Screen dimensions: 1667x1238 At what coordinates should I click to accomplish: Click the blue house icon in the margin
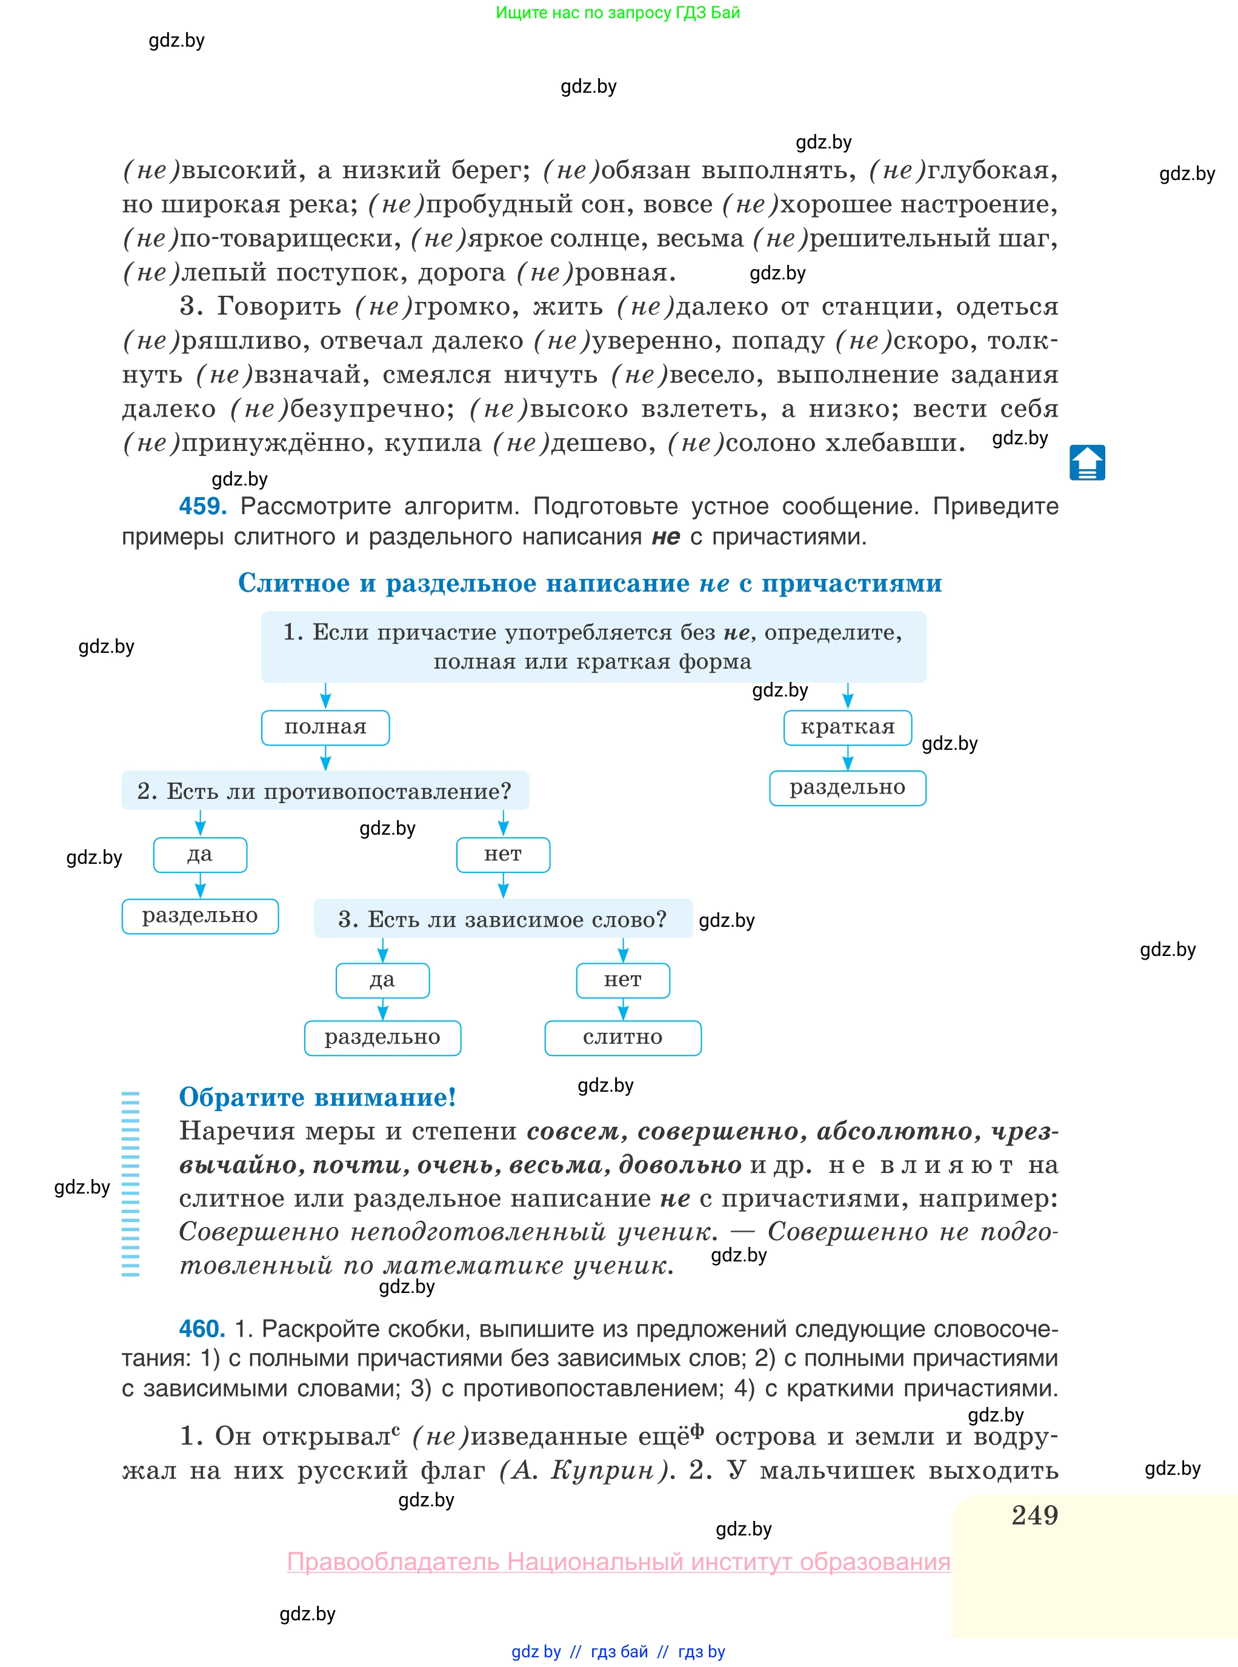pyautogui.click(x=1087, y=463)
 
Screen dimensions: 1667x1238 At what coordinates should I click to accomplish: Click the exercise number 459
pyautogui.click(x=202, y=506)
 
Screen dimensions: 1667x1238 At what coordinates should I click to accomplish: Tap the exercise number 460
pyautogui.click(x=202, y=1329)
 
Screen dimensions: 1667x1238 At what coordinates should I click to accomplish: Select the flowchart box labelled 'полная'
pyautogui.click(x=325, y=727)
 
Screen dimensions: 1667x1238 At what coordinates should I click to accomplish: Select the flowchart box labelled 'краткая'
pyautogui.click(x=848, y=727)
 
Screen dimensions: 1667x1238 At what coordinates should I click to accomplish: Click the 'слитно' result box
pyautogui.click(x=623, y=1037)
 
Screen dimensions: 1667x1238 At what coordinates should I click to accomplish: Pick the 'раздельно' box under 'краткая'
pyautogui.click(x=848, y=788)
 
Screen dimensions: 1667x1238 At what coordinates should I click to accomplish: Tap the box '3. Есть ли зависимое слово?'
pyautogui.click(x=503, y=919)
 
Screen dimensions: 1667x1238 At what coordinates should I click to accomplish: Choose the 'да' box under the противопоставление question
pyautogui.click(x=200, y=855)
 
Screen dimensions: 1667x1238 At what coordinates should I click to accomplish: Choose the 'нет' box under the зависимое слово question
pyautogui.click(x=623, y=980)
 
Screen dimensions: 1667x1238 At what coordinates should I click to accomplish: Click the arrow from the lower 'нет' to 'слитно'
pyautogui.click(x=623, y=1010)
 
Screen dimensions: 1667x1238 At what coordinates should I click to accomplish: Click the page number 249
pyautogui.click(x=1034, y=1515)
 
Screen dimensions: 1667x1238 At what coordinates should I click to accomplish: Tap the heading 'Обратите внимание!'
pyautogui.click(x=317, y=1097)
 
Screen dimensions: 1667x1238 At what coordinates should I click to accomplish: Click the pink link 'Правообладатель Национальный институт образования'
pyautogui.click(x=618, y=1562)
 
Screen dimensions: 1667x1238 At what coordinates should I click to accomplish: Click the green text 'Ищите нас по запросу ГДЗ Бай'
pyautogui.click(x=617, y=13)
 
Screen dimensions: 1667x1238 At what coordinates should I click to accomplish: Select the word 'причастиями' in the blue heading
pyautogui.click(x=851, y=583)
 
